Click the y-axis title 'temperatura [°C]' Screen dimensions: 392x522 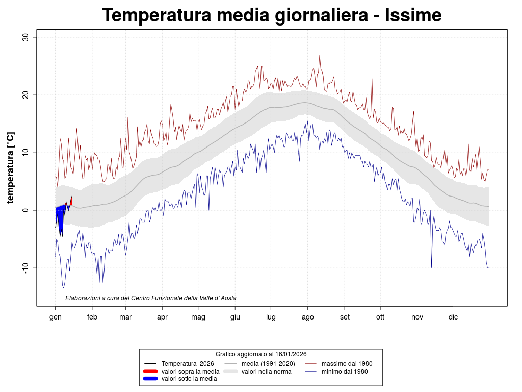11,167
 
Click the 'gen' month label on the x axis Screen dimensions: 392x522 55,317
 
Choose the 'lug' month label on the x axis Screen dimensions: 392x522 271,317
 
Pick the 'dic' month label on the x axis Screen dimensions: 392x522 453,317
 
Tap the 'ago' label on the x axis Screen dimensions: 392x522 307,317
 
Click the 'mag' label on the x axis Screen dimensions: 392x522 198,317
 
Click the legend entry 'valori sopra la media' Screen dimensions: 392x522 190,371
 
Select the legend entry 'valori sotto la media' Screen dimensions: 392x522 189,379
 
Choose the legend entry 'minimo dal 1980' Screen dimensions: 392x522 345,371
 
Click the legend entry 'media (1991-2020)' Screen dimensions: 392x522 268,363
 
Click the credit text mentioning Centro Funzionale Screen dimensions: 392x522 151,298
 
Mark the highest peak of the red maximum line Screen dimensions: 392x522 320,56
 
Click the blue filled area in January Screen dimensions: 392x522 60,219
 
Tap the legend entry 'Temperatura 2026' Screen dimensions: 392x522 187,363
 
